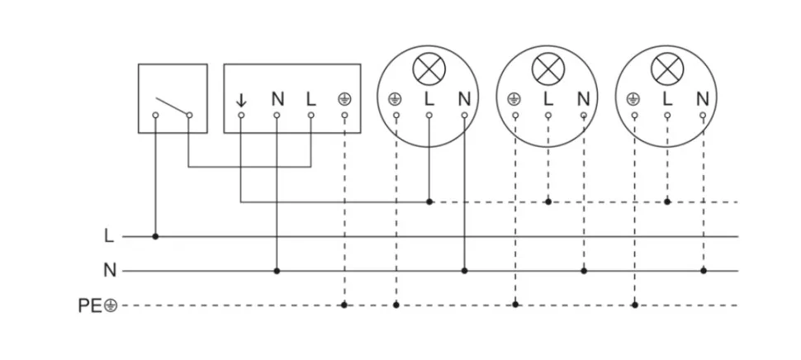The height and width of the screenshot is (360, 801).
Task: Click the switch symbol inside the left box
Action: [173, 108]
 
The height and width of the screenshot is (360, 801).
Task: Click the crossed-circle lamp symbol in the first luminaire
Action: [428, 69]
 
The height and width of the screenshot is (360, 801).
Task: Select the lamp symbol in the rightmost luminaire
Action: [666, 69]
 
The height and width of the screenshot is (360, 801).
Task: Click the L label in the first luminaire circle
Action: [428, 99]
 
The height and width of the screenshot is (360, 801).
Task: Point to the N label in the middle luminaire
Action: [583, 99]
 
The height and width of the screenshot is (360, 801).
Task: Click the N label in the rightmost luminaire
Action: [702, 99]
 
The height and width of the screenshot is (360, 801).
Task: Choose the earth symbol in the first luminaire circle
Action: [395, 99]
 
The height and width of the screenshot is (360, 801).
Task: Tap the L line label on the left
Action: [108, 236]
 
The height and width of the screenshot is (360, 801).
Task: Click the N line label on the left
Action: [109, 270]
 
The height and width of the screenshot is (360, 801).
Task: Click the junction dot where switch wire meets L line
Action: [155, 236]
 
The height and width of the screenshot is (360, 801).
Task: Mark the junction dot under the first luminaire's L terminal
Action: [429, 201]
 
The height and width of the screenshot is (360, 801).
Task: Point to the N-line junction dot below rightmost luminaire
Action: [703, 270]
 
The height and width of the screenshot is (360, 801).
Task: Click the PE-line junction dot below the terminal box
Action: [344, 305]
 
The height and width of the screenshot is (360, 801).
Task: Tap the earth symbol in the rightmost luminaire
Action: [633, 99]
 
